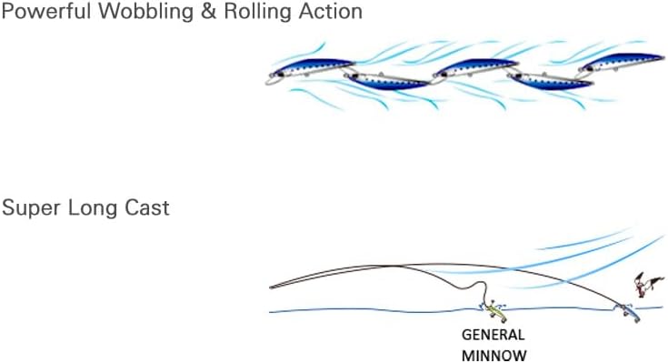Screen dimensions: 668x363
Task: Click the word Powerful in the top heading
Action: (x=46, y=12)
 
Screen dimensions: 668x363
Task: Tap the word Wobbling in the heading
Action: (x=146, y=12)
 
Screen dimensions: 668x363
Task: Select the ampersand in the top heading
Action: (x=208, y=12)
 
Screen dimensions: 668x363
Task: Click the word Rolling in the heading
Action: (x=258, y=12)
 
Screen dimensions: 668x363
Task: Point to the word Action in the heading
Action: (x=330, y=12)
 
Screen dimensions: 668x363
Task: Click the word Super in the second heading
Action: (x=31, y=208)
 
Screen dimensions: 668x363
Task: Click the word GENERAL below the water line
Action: (x=493, y=335)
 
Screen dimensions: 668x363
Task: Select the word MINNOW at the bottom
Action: (x=494, y=355)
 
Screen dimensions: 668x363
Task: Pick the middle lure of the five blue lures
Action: (x=475, y=68)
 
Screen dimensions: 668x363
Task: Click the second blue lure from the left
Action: (x=387, y=81)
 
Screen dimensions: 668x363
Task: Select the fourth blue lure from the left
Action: (x=551, y=81)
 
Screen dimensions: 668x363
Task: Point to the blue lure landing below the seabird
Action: (x=629, y=314)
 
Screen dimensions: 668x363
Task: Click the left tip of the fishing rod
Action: (x=270, y=287)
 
